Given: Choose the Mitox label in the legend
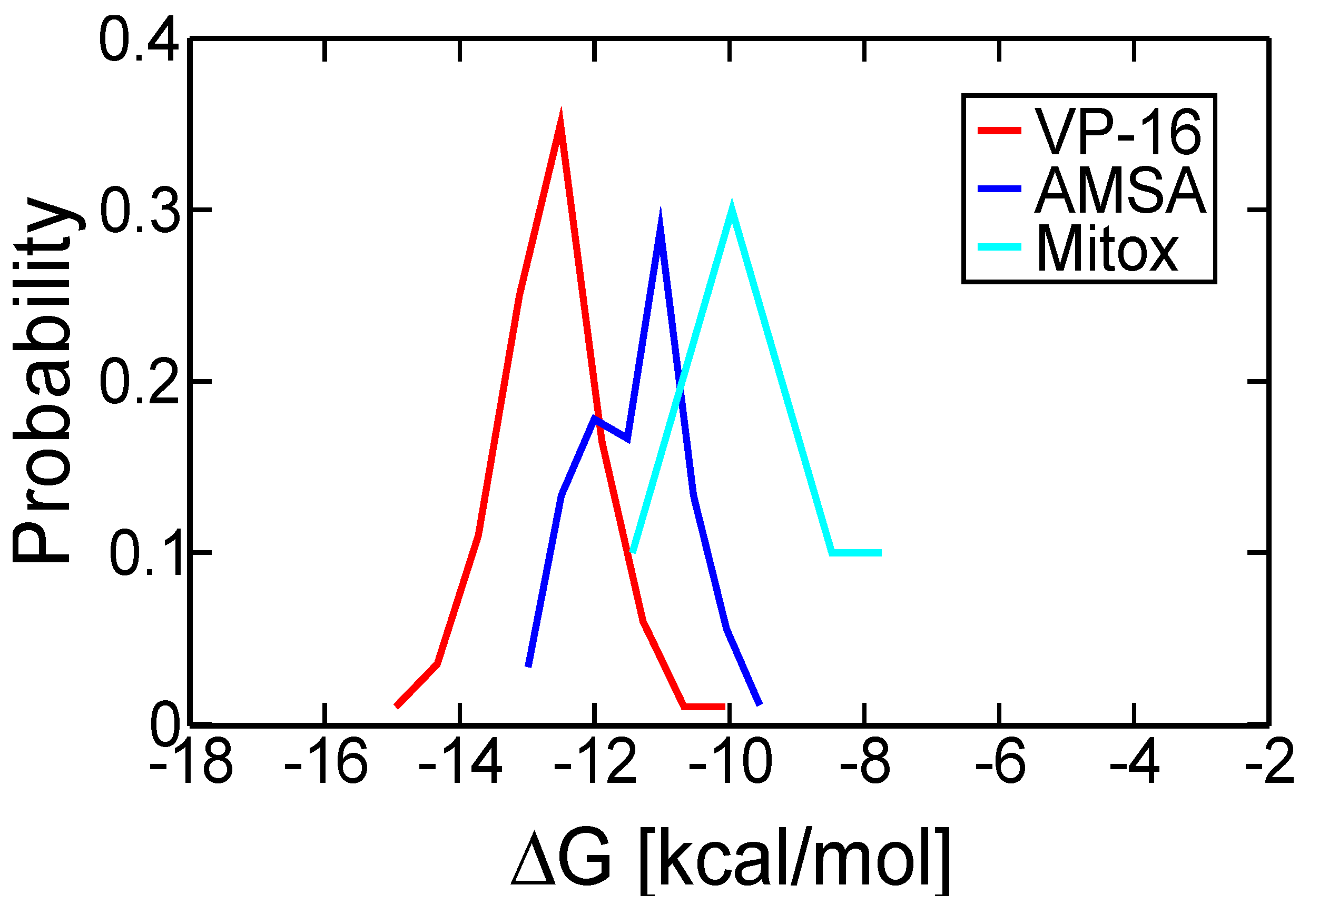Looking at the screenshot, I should click(1107, 250).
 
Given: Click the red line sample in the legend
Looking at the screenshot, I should click(999, 131).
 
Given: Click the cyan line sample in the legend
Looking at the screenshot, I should click(999, 247).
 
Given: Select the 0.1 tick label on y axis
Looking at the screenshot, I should click(145, 554).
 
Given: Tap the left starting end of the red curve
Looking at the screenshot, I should click(398, 706).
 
